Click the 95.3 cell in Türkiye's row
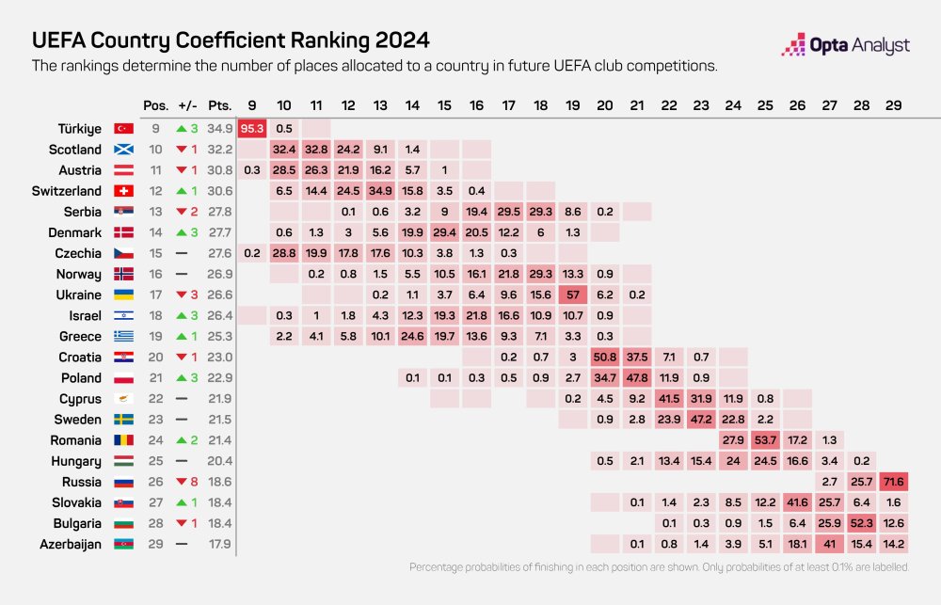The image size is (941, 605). pos(251,128)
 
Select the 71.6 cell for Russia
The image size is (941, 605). pos(891,482)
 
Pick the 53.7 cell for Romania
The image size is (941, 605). pos(763,440)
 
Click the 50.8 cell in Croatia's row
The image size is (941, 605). pos(605,358)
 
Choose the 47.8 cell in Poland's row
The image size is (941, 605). pos(637,378)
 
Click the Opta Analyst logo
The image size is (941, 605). pos(846,45)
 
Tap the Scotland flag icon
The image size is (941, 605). pos(123,150)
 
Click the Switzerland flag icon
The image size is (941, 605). pos(123,191)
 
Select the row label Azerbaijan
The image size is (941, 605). pos(70,544)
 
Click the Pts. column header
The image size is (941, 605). pos(220,104)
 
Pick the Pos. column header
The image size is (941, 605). pos(156,104)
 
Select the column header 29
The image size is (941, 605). pos(892,104)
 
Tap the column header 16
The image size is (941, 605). pos(476,104)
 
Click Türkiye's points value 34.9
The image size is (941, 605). pos(220,128)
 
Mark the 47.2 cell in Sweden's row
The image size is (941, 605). pos(701,420)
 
